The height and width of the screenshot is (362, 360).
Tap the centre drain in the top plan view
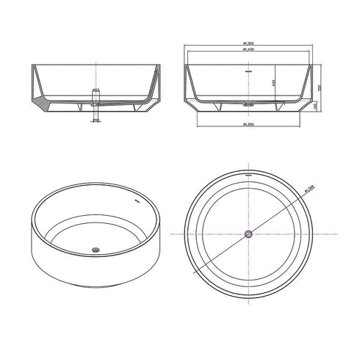(249, 233)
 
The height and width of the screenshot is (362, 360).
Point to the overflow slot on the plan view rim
(249, 175)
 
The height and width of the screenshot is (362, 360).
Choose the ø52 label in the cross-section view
(95, 90)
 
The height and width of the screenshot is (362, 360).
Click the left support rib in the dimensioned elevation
(218, 108)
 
